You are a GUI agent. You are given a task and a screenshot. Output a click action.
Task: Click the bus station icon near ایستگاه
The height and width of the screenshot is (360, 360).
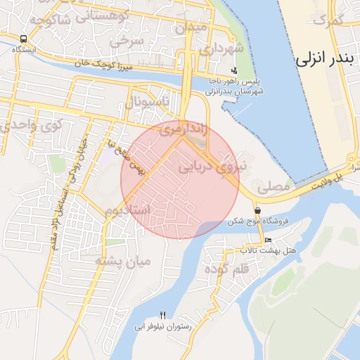coord(25,39)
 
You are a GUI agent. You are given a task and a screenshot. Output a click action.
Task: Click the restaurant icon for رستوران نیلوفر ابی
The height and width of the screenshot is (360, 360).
coord(163,315)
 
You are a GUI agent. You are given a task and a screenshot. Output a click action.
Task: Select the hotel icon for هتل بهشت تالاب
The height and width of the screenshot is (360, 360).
coord(267,240)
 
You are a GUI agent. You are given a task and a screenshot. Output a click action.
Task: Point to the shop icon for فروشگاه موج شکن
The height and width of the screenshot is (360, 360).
coord(258,210)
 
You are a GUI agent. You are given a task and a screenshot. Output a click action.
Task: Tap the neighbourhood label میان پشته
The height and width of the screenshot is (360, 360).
coord(124,262)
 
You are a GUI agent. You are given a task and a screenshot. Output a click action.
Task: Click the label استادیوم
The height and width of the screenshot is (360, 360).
coord(128,210)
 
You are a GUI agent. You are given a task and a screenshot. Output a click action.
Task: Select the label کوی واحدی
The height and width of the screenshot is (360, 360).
coord(32,124)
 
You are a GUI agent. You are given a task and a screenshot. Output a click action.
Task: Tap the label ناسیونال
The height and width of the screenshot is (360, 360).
coord(148,103)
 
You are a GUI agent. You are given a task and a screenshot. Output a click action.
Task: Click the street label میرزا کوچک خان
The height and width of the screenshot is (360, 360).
coord(105,65)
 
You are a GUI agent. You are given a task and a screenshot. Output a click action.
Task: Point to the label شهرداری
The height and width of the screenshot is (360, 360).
coord(220,50)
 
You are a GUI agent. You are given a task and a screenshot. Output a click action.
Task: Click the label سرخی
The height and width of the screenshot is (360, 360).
coord(131,41)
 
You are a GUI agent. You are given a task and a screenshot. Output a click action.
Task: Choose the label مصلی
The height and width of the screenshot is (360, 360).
coord(273,188)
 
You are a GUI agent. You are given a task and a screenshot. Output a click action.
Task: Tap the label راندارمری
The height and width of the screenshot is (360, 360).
coord(183,129)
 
